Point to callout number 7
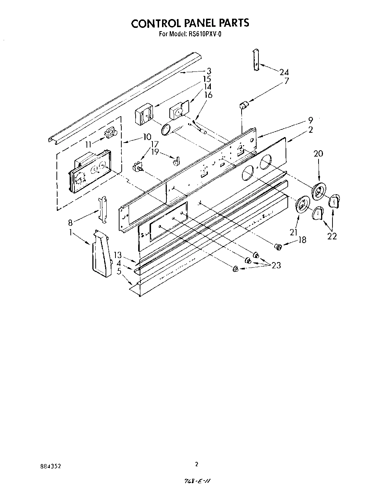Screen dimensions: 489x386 [286, 81]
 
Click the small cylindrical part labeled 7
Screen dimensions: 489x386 [243, 106]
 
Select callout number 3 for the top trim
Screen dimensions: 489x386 [208, 71]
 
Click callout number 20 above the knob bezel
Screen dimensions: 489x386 [318, 153]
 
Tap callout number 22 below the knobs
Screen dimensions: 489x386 [332, 236]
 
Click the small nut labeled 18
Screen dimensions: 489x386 [279, 247]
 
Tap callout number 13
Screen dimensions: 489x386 [117, 255]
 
